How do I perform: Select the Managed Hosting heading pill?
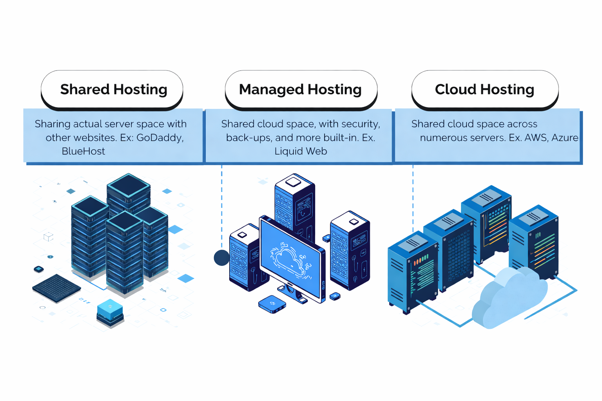pyautogui.click(x=301, y=89)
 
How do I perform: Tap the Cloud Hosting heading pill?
pyautogui.click(x=484, y=89)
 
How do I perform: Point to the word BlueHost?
pyautogui.click(x=83, y=151)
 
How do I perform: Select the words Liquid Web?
pyautogui.click(x=301, y=151)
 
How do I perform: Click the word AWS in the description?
pyautogui.click(x=535, y=138)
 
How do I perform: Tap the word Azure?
pyautogui.click(x=565, y=138)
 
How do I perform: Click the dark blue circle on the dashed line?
pyautogui.click(x=222, y=258)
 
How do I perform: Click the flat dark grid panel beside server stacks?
pyautogui.click(x=57, y=288)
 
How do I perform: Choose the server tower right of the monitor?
pyautogui.click(x=350, y=251)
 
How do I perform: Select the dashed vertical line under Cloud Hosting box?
pyautogui.click(x=413, y=196)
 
